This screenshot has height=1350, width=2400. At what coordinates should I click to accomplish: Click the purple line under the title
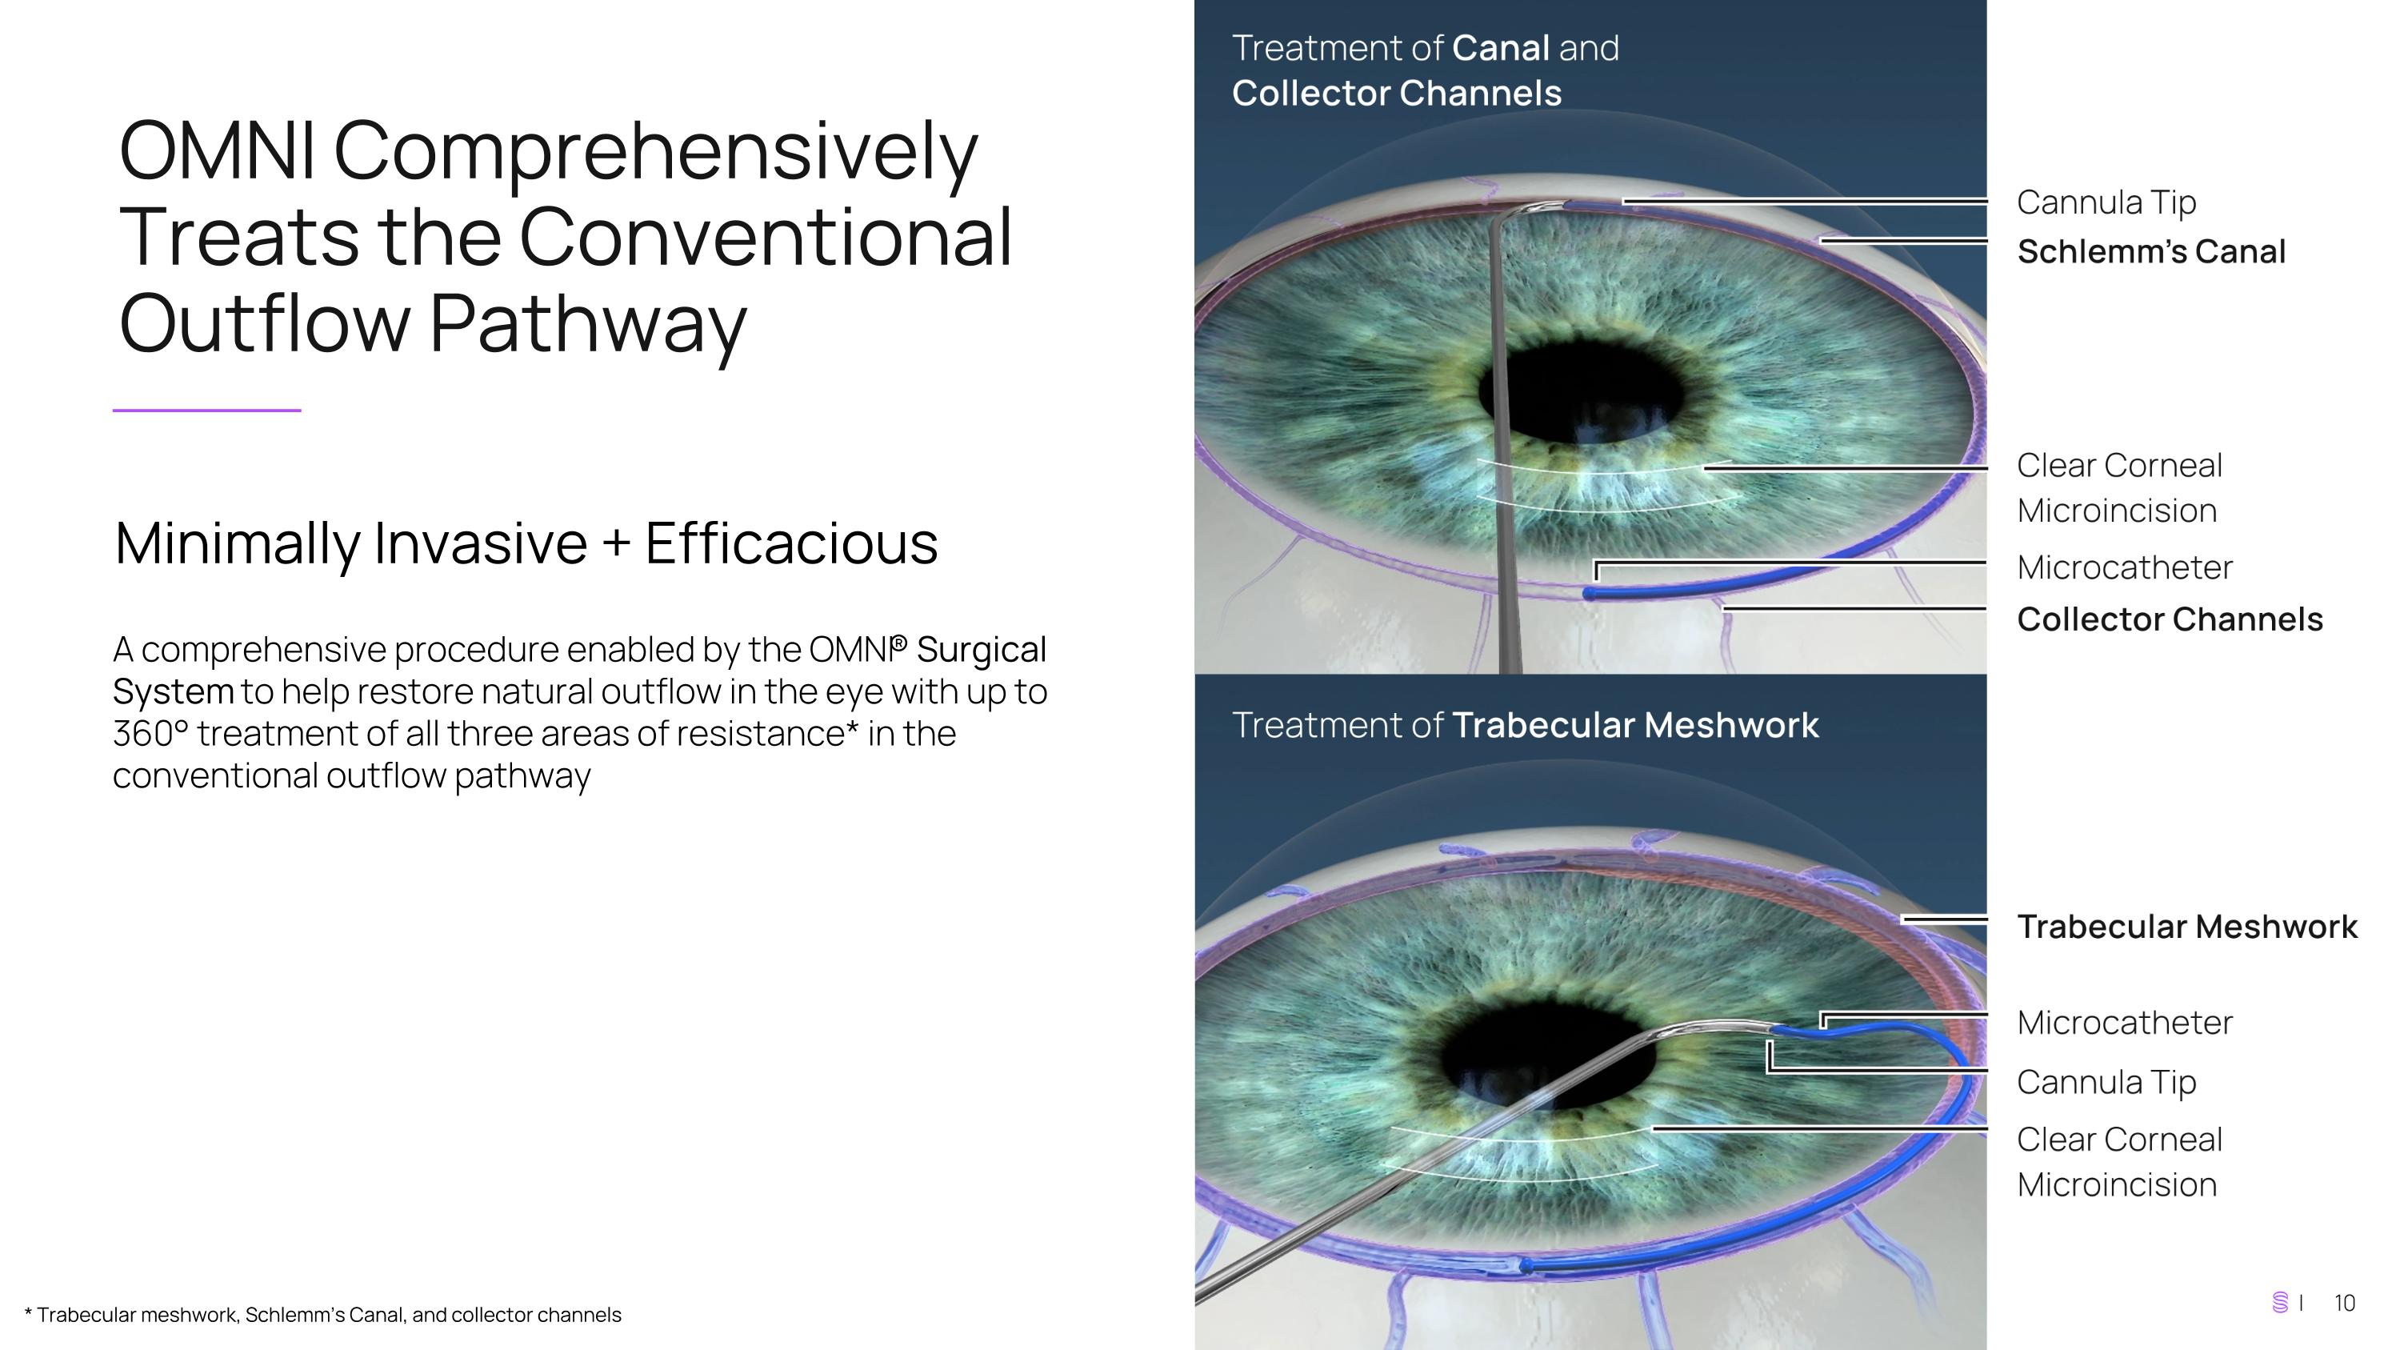pyautogui.click(x=207, y=410)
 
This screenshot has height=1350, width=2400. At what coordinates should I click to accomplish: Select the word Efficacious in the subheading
pyautogui.click(x=791, y=543)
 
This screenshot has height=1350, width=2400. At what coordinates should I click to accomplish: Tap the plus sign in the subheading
pyautogui.click(x=616, y=543)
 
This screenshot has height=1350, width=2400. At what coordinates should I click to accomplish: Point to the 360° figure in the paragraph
pyautogui.click(x=149, y=734)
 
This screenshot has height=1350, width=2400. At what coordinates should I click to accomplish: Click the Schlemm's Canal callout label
pyautogui.click(x=2150, y=251)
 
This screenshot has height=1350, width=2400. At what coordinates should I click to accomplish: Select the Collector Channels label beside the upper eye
pyautogui.click(x=2169, y=619)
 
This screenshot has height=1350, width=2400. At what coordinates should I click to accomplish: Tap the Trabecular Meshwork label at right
pyautogui.click(x=2186, y=927)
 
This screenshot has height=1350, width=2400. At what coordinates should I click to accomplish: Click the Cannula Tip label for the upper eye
pyautogui.click(x=2106, y=202)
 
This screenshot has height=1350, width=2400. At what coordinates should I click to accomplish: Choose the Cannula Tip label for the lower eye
pyautogui.click(x=2106, y=1083)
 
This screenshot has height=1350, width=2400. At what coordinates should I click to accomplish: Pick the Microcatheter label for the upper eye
pyautogui.click(x=2124, y=567)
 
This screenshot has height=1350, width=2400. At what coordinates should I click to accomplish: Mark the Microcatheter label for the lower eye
pyautogui.click(x=2124, y=1023)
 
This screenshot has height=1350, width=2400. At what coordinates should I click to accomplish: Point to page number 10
pyautogui.click(x=2344, y=1304)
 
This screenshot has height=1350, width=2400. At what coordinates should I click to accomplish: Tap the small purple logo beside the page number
pyautogui.click(x=2280, y=1303)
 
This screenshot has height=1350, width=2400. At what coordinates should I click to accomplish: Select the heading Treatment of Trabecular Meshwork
pyautogui.click(x=1524, y=726)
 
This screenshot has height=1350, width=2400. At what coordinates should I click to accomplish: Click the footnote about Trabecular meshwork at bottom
pyautogui.click(x=322, y=1315)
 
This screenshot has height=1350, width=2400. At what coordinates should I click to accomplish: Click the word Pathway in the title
pyautogui.click(x=587, y=323)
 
